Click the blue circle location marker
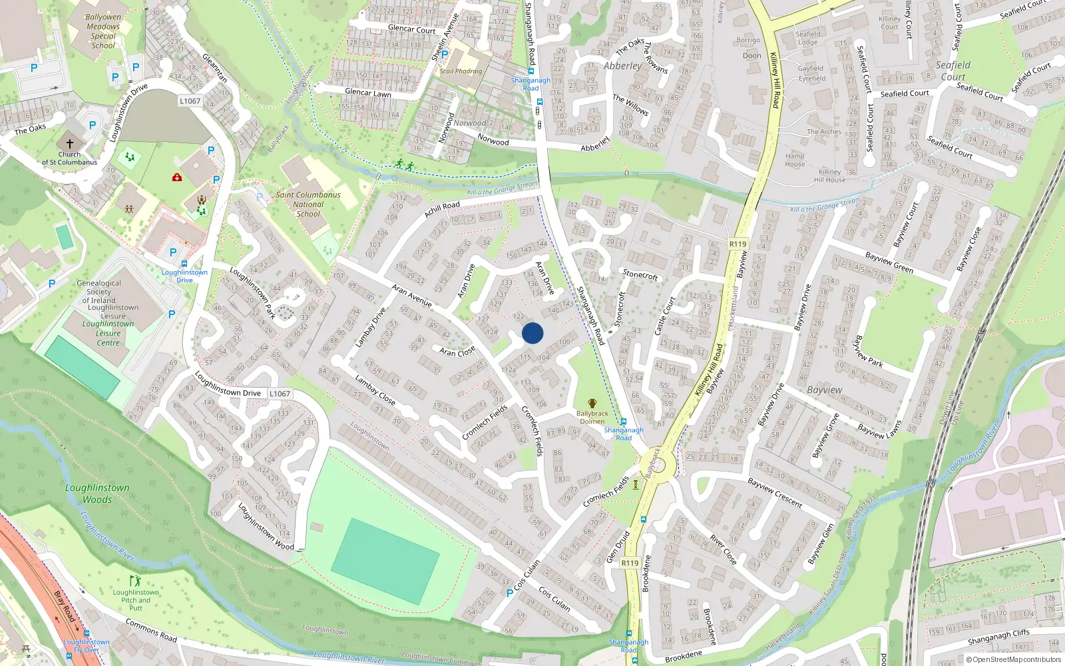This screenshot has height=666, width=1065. click(x=532, y=333)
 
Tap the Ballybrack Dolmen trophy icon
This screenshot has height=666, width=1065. click(x=592, y=404)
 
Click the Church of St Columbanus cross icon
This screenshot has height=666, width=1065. click(x=69, y=143)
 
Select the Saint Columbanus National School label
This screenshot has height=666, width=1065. click(x=308, y=204)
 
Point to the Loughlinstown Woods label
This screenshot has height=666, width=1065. click(x=97, y=494)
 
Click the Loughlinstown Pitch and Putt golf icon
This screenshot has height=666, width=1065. click(x=135, y=581)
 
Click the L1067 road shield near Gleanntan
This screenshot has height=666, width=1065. click(x=190, y=101)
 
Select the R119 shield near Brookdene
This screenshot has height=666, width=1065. click(x=630, y=563)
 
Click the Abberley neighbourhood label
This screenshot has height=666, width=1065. click(x=622, y=66)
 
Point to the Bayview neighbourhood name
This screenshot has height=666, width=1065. click(x=824, y=390)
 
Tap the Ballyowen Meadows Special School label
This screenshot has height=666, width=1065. click(x=103, y=31)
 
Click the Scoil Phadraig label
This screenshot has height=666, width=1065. click(x=461, y=71)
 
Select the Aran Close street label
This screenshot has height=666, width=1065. click(x=457, y=351)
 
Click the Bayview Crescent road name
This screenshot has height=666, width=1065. click(x=775, y=492)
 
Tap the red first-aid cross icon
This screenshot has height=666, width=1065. click(x=177, y=177)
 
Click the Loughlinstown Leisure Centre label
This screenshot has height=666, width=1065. click(x=108, y=333)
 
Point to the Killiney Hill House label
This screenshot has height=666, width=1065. click(x=829, y=176)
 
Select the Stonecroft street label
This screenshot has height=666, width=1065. click(x=640, y=274)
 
